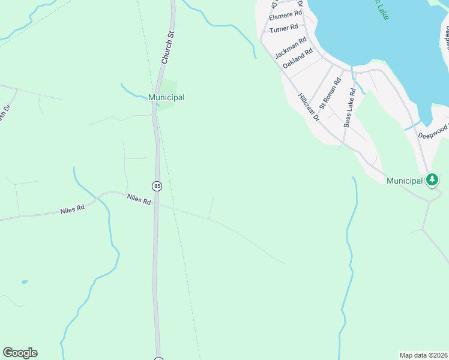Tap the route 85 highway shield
click(x=157, y=186)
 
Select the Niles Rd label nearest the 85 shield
click(x=139, y=199)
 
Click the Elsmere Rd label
click(x=285, y=15)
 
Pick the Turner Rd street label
click(x=283, y=28)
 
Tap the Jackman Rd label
click(x=291, y=48)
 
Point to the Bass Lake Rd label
click(x=350, y=108)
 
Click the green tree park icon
click(x=432, y=179)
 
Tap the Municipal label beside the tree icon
click(x=405, y=181)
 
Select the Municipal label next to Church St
click(x=166, y=97)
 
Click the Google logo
click(x=20, y=353)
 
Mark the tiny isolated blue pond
click(x=24, y=281)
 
